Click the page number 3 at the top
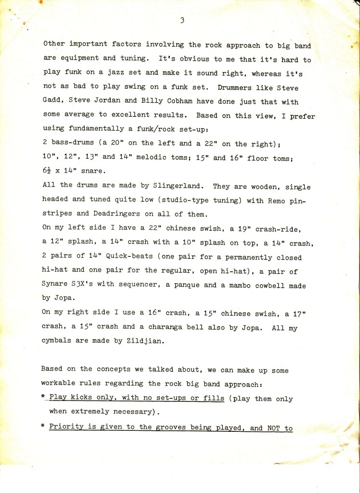coord(182,20)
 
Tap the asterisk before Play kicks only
coord(43,399)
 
